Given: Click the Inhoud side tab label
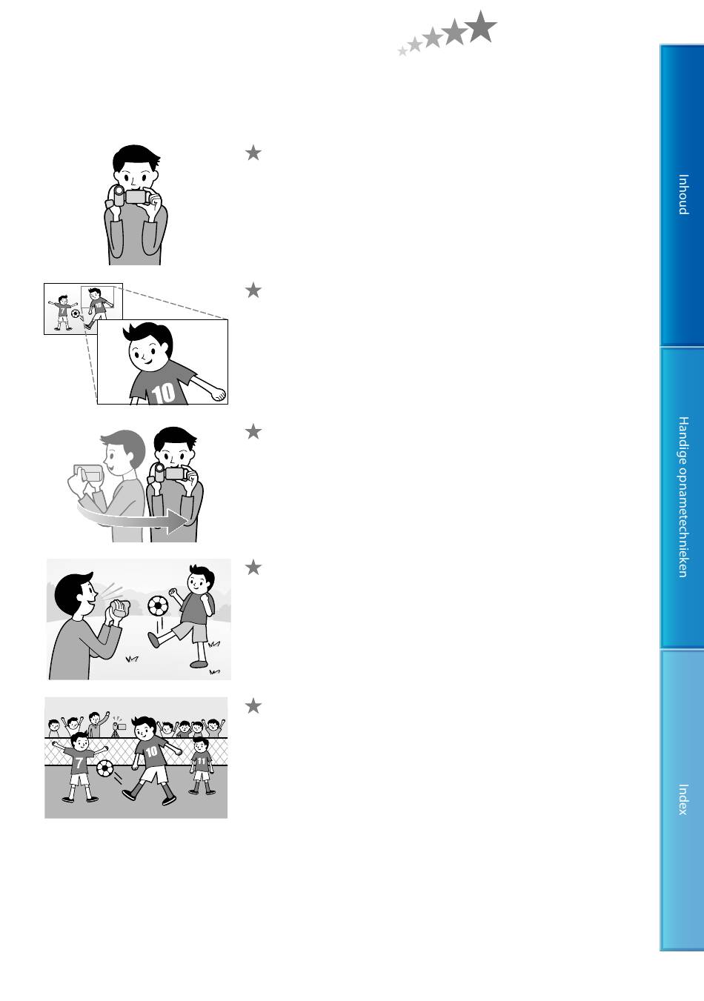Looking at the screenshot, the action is (683, 194).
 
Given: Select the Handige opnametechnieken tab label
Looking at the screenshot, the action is (683, 497).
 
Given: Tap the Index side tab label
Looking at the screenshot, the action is (683, 799).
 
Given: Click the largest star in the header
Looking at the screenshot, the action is (480, 27).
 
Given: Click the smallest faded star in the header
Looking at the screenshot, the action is (402, 51).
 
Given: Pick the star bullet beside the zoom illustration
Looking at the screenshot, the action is (253, 290).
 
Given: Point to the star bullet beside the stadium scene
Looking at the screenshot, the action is (253, 706).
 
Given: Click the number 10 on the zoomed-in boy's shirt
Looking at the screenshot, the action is (163, 393).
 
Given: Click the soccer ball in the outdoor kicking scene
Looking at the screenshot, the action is (158, 605).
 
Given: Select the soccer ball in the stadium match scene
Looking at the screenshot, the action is (105, 768).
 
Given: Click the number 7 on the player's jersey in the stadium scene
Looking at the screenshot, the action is (79, 762).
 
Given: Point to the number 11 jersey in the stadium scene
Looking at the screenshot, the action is (202, 761).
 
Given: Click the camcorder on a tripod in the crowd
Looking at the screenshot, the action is (119, 728).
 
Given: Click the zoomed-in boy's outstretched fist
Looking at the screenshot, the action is (219, 394).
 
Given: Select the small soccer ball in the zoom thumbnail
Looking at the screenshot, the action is (76, 313).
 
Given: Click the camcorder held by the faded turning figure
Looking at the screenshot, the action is (89, 473).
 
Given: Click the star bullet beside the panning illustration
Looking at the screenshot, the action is (253, 432).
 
